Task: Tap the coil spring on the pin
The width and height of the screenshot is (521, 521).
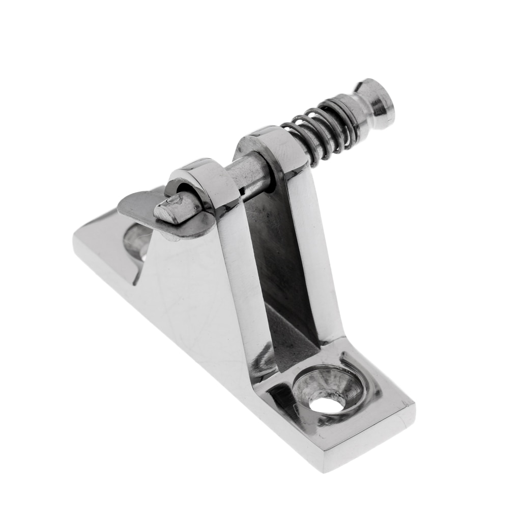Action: pyautogui.click(x=321, y=130)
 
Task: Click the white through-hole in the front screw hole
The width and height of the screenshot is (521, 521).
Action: pyautogui.click(x=327, y=404)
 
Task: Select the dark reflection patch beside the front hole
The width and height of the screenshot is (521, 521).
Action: pyautogui.click(x=277, y=402)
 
